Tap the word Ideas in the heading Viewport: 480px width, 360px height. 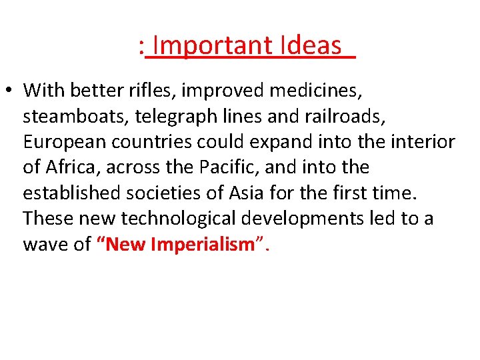pyautogui.click(x=311, y=47)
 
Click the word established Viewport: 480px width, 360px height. pyautogui.click(x=73, y=193)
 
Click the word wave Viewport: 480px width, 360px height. pyautogui.click(x=45, y=245)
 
